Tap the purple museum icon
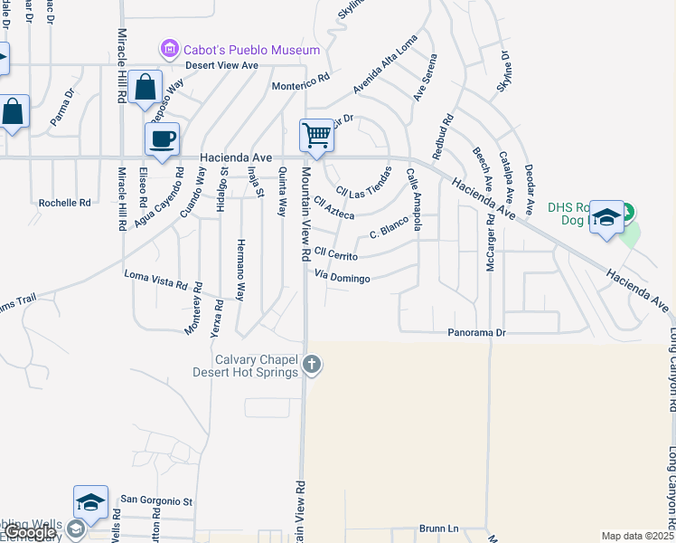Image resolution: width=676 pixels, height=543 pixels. (168, 49)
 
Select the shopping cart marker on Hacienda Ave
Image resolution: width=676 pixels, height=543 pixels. (316, 136)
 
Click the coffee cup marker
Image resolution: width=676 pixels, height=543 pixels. (162, 139)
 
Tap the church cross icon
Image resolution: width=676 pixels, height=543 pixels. (312, 365)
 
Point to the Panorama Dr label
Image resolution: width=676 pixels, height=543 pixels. (476, 333)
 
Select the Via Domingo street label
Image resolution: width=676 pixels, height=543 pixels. (343, 278)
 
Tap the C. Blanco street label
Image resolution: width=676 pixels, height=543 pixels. (390, 233)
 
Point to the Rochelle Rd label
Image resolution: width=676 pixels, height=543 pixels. (65, 204)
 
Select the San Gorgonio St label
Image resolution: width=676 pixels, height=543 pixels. (157, 500)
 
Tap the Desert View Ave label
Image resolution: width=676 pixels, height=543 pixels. (222, 65)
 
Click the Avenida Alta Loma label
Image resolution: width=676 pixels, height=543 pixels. (386, 76)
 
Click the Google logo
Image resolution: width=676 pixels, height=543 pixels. (30, 533)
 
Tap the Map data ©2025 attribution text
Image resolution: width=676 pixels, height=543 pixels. (636, 536)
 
